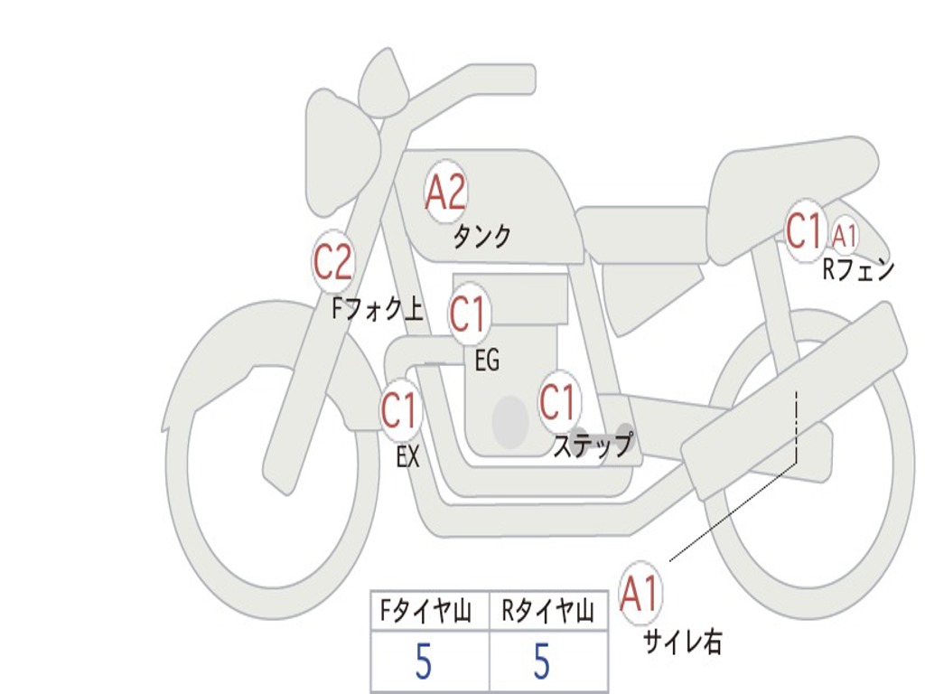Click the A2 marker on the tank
[446, 192]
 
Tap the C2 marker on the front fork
[333, 261]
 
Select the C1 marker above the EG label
[468, 313]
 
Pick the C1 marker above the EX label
[400, 409]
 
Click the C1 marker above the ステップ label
[558, 401]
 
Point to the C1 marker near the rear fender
[805, 230]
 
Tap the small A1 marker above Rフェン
[845, 236]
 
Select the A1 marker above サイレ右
[640, 593]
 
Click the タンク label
[481, 236]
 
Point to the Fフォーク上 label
[378, 309]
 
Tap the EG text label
[487, 360]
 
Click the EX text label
[407, 456]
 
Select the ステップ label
[593, 445]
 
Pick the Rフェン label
[859, 269]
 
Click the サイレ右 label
[682, 642]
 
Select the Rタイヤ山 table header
[547, 612]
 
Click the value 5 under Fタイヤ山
[424, 661]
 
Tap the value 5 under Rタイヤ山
[542, 661]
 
